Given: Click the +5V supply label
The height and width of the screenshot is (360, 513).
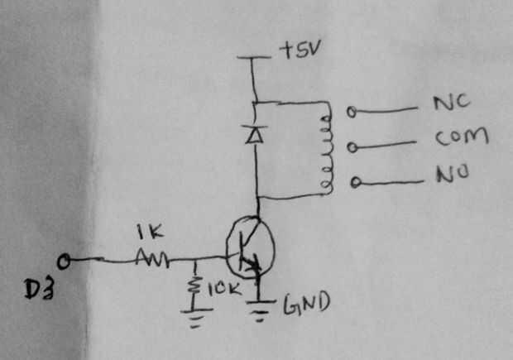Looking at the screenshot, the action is [300, 50].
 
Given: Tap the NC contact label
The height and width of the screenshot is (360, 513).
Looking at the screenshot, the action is [452, 102].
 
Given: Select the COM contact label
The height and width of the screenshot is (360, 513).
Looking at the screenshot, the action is [462, 137].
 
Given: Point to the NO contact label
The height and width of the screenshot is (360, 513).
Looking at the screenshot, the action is [453, 174].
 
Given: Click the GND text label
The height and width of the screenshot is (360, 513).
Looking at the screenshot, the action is [306, 304].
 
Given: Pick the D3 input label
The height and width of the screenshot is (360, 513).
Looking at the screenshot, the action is [39, 290].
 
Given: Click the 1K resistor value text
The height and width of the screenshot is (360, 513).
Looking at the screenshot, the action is [150, 232].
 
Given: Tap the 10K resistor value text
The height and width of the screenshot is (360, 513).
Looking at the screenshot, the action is [224, 289].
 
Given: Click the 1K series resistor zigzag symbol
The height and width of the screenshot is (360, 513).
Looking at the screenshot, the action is [152, 258].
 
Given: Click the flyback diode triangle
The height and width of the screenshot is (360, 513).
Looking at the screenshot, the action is [255, 134].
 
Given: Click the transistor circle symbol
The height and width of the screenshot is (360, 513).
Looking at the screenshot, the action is [227, 249].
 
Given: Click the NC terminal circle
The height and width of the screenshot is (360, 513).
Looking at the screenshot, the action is [352, 112].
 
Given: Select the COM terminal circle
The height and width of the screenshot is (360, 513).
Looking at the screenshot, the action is [352, 147].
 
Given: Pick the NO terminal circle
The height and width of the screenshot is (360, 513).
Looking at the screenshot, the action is [356, 182].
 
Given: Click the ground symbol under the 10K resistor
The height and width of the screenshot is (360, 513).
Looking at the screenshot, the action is [195, 316].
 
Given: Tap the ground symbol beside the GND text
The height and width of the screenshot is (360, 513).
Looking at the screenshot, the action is [260, 310].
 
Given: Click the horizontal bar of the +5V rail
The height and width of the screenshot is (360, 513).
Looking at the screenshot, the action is [254, 58].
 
